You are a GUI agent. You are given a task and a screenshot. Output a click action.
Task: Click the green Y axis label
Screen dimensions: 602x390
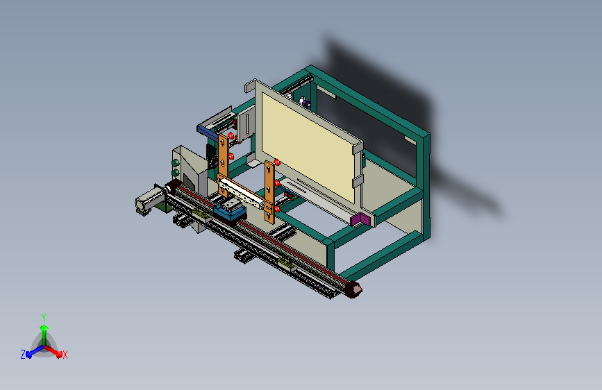point(44,318)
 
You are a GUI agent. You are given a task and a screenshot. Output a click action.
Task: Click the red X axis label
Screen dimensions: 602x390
point(65,355)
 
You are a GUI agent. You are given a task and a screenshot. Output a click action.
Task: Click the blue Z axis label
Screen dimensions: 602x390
point(23,355)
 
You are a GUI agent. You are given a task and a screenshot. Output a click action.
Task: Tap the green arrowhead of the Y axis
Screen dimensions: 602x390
point(44,328)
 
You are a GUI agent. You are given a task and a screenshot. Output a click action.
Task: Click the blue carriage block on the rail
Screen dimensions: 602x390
point(231,212)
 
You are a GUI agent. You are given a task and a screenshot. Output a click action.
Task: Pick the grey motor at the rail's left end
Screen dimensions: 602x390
point(148,201)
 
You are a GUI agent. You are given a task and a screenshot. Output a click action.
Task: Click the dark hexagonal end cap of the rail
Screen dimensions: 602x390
point(353,289)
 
